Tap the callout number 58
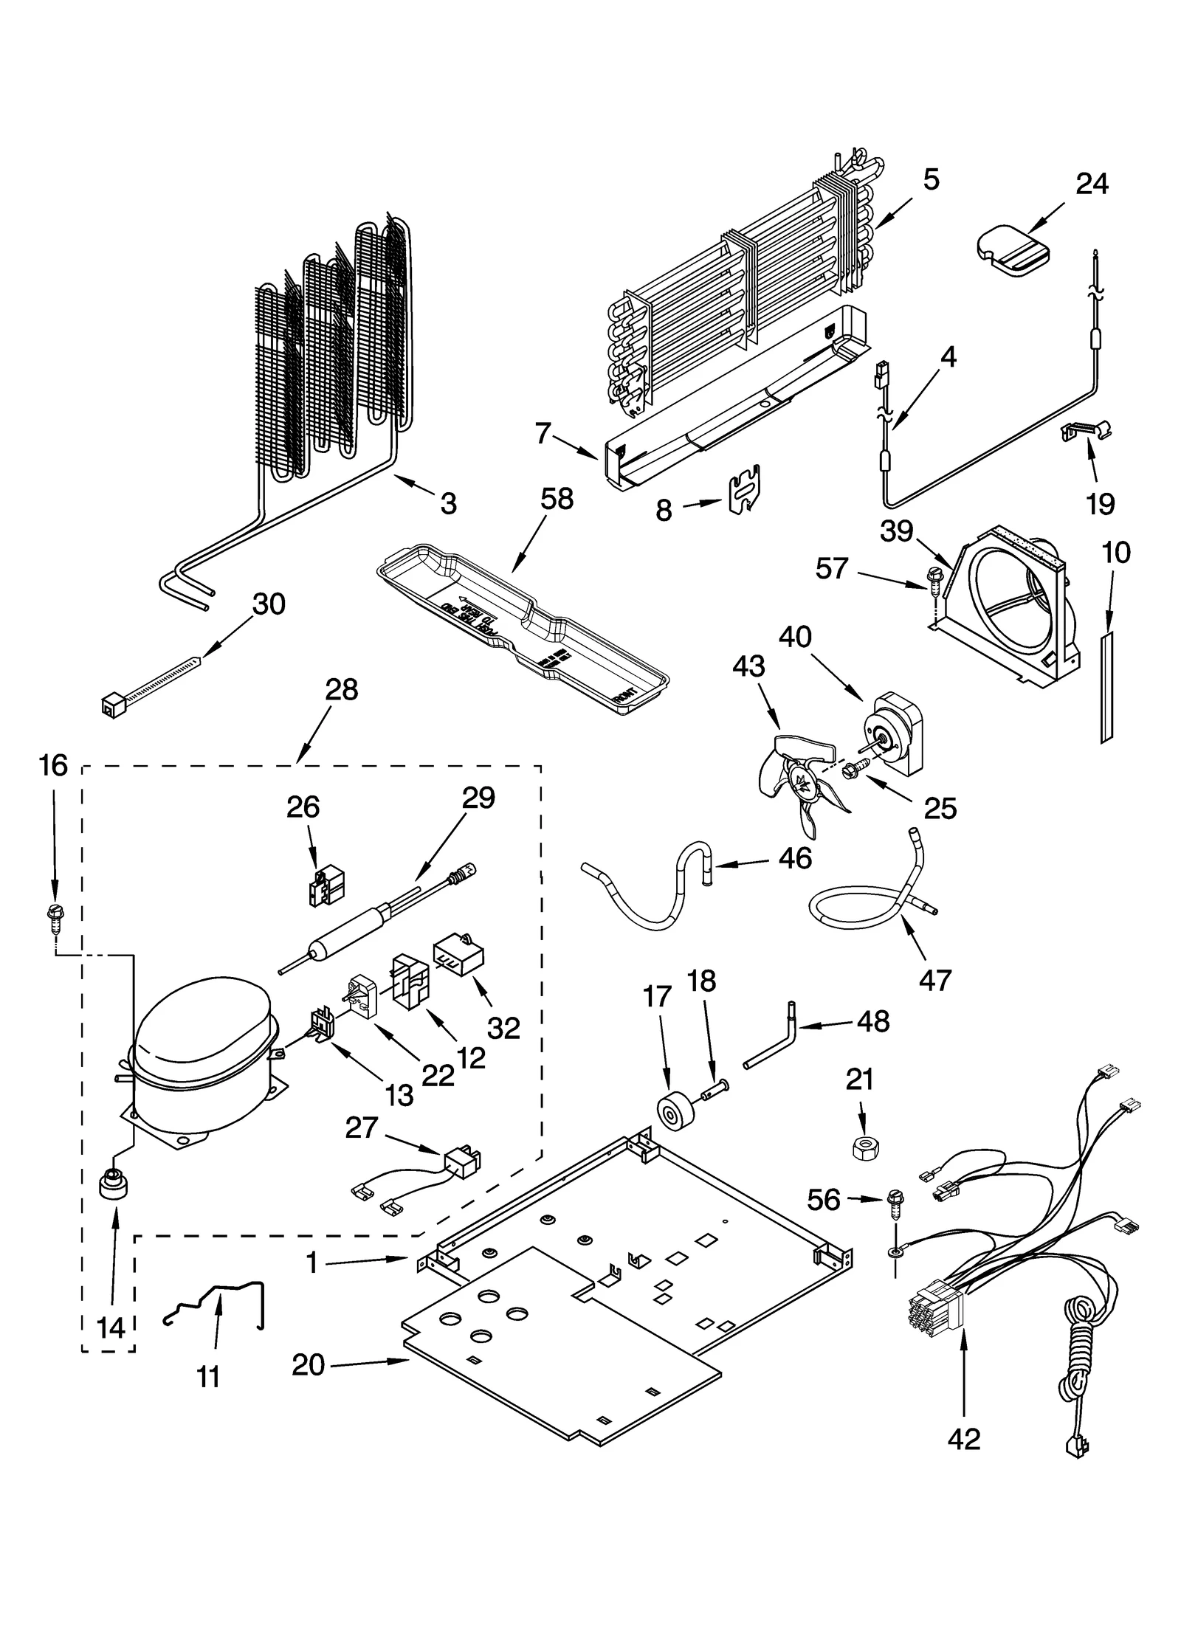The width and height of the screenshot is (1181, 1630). tap(557, 500)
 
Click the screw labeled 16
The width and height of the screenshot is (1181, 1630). tap(53, 914)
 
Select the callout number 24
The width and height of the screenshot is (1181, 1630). tap(1091, 183)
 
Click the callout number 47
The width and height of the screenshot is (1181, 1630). tap(935, 981)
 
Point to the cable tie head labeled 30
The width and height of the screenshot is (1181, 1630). tap(111, 707)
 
